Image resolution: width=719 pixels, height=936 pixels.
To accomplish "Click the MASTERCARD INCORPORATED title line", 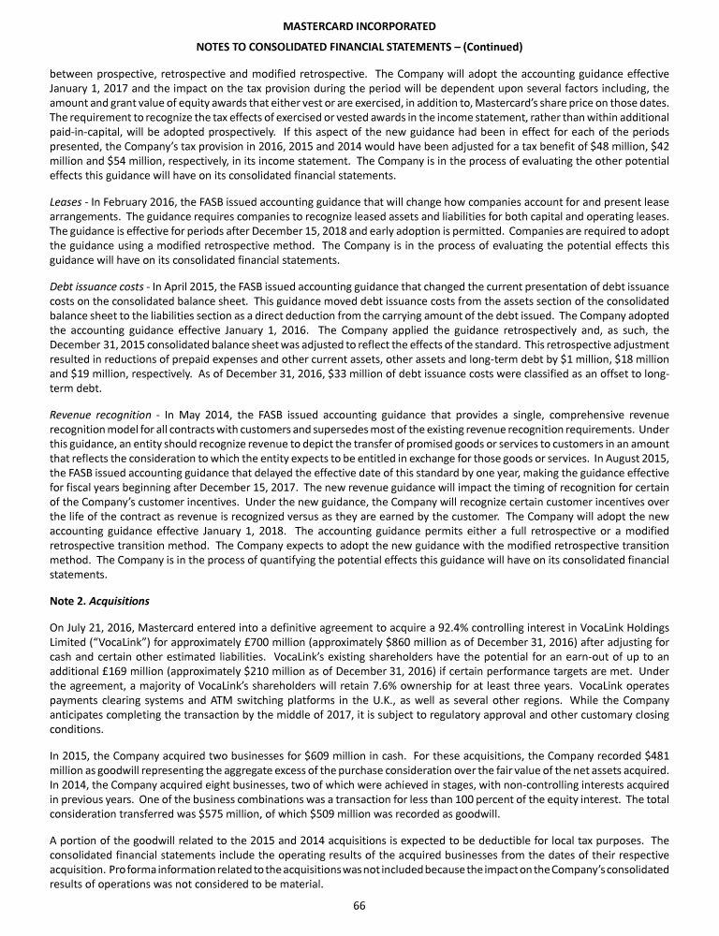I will tap(359, 27).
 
